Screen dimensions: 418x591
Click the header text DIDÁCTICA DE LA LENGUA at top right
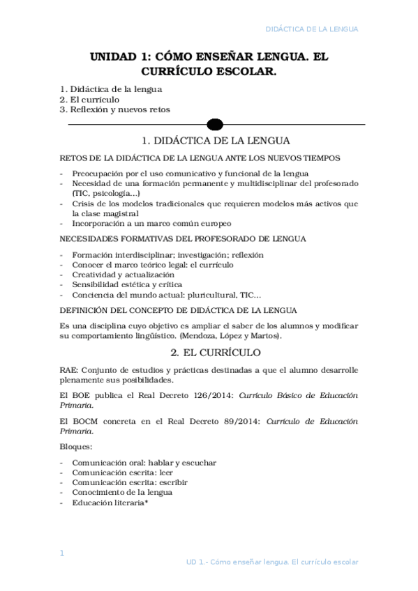click(x=312, y=29)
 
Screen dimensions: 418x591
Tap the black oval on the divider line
click(x=216, y=125)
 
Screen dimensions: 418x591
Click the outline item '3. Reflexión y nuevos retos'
click(x=114, y=109)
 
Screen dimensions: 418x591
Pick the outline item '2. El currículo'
click(x=89, y=100)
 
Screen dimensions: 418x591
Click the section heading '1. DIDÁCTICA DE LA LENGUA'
click(x=216, y=141)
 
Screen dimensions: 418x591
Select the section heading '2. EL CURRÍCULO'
click(x=216, y=353)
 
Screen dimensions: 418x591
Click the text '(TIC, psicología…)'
click(x=106, y=193)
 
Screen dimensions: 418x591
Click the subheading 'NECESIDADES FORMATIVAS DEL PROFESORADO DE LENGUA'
click(x=183, y=239)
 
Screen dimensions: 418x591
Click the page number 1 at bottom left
click(x=61, y=553)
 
